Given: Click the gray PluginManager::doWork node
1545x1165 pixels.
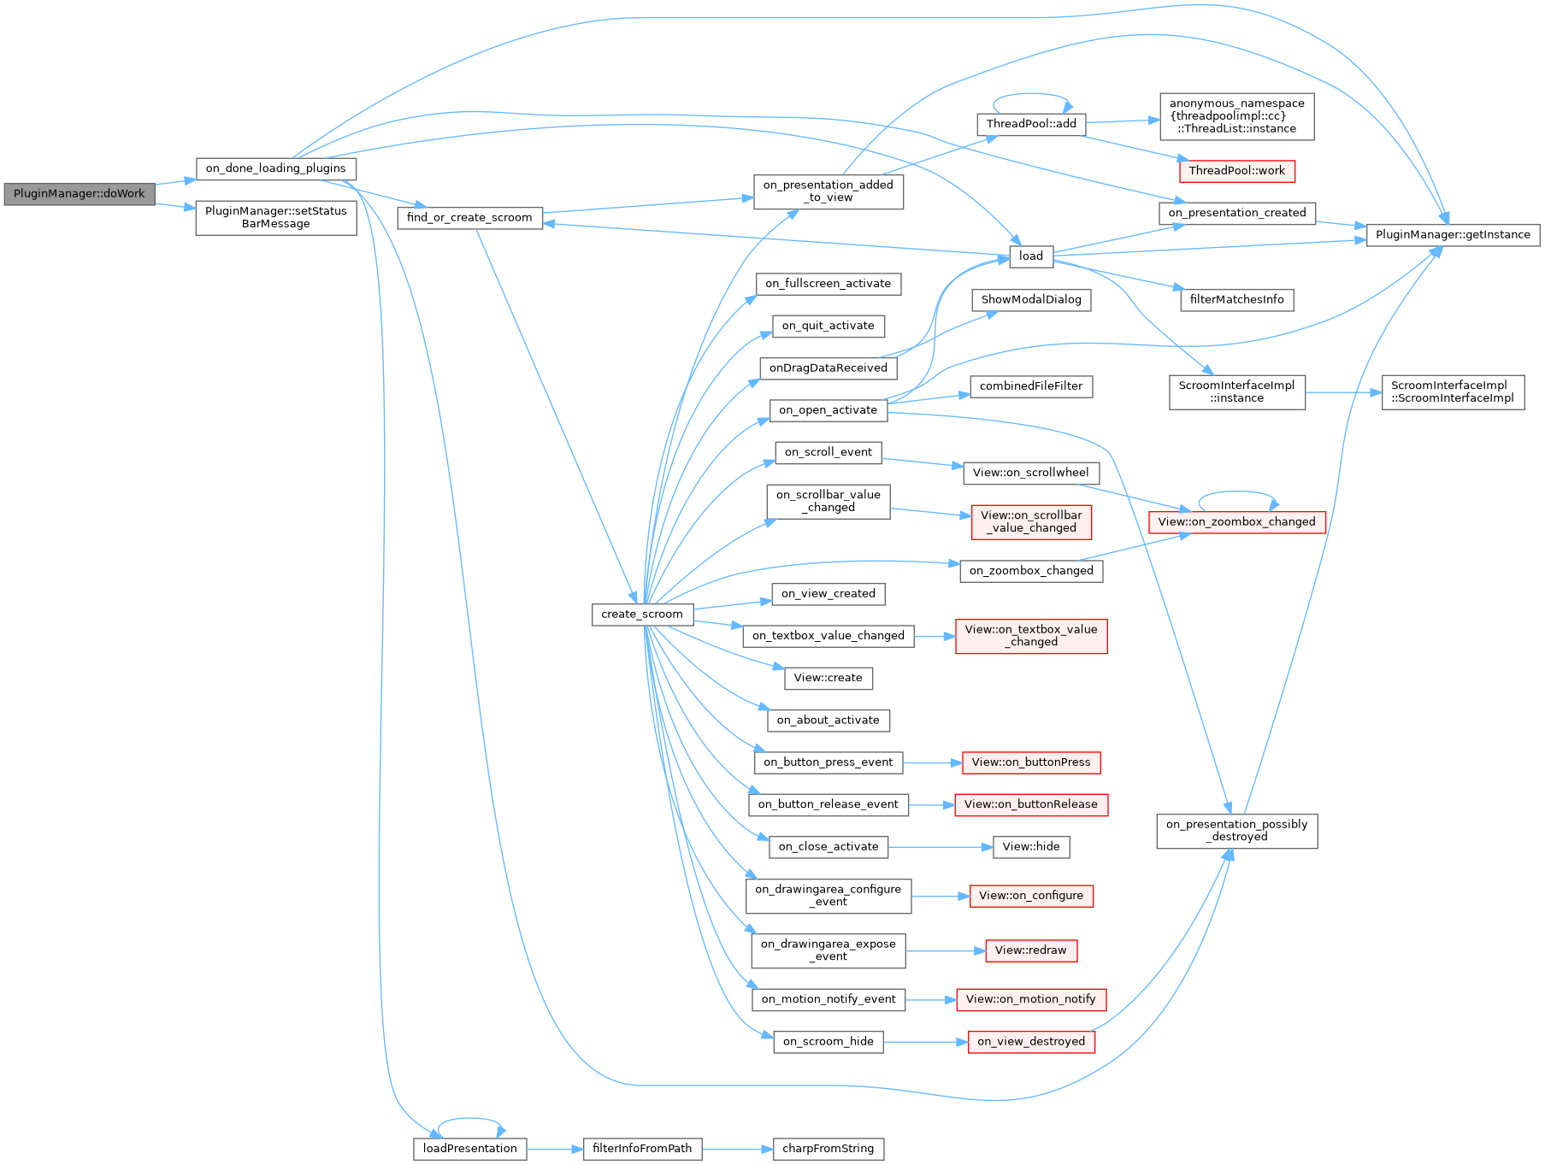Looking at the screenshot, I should coord(79,194).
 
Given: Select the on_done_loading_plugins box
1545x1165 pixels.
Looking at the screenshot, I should coord(275,168).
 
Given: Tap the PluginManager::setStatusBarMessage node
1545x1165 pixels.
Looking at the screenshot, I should coord(275,217).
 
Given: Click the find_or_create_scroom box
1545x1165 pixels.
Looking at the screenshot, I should coord(469,218).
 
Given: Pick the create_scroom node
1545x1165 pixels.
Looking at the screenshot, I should coord(641,614).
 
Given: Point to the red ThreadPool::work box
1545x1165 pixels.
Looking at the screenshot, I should coord(1236,171).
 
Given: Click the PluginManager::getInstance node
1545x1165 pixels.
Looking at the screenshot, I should coord(1453,234).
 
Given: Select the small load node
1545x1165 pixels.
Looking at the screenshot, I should coord(1030,256).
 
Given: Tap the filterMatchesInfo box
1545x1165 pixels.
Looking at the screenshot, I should coord(1236,300).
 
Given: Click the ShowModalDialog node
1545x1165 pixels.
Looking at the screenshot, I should coord(1030,300).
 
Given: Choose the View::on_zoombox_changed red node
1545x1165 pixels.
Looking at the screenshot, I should coord(1236,521).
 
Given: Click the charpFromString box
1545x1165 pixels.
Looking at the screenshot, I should coord(828,1149).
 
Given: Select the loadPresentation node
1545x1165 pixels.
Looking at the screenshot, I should coord(469,1149).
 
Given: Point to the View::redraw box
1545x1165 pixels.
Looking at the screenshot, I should coord(1030,950).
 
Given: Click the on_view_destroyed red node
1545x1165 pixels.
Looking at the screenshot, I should coord(1030,1042).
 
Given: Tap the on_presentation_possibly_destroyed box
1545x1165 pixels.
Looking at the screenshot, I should coord(1236,831).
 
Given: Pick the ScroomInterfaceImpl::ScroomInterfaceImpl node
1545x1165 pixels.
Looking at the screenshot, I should coord(1452,392).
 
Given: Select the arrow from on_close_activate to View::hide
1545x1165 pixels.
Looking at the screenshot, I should coord(941,847).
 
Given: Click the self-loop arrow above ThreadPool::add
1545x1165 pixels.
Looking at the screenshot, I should coord(1030,95).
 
